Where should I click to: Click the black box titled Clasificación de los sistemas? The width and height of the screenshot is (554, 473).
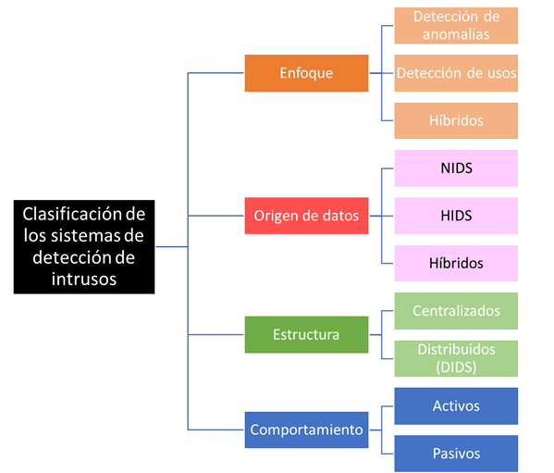[x=84, y=247]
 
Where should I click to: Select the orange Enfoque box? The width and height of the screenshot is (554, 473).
[x=306, y=73]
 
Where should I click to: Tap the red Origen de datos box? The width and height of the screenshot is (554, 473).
[x=306, y=216]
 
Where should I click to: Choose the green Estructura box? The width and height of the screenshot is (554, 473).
[x=306, y=334]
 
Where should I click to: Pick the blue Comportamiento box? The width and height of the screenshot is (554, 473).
[x=306, y=429]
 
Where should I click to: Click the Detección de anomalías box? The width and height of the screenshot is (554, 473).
[x=456, y=25]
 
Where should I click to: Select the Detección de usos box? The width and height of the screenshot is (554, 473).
[x=456, y=73]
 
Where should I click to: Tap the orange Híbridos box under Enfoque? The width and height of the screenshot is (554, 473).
[x=456, y=120]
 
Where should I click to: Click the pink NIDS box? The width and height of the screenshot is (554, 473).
[x=456, y=168]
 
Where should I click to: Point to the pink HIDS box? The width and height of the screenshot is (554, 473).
[x=456, y=216]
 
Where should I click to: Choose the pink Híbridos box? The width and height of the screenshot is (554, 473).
[x=456, y=264]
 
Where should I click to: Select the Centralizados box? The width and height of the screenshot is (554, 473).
[x=456, y=311]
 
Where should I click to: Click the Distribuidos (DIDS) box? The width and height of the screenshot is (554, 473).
[x=456, y=358]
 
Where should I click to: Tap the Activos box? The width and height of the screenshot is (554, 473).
[x=456, y=406]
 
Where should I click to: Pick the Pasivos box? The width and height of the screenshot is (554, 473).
[x=456, y=454]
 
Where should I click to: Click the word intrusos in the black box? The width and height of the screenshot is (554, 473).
[x=84, y=280]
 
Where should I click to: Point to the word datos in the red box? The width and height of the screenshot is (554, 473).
[x=340, y=216]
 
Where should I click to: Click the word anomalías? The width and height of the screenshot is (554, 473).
[x=456, y=34]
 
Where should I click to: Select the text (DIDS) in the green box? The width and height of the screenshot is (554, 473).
[x=456, y=367]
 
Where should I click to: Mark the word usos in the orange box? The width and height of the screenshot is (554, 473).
[x=501, y=73]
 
